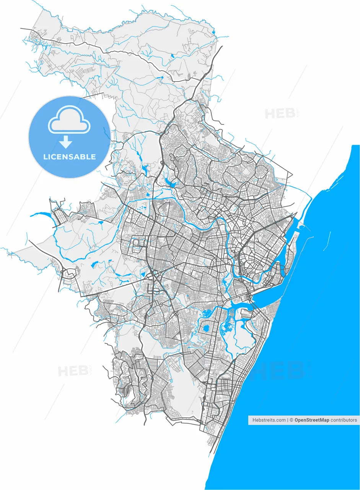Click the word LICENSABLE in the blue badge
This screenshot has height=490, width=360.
coord(69,157)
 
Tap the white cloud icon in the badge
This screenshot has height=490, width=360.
coord(69,121)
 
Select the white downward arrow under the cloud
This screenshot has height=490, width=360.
coord(66,142)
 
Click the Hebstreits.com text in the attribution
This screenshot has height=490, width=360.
coord(269,420)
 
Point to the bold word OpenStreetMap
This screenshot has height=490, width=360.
coord(312,420)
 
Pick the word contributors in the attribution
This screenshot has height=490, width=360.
coord(344,420)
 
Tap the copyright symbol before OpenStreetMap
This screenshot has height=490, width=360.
coord(292,420)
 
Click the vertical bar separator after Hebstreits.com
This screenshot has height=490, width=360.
coord(288,420)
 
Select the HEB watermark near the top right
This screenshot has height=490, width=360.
coord(280,113)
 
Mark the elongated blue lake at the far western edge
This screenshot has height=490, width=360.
coord(40,214)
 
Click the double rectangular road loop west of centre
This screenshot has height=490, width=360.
coord(138,245)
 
